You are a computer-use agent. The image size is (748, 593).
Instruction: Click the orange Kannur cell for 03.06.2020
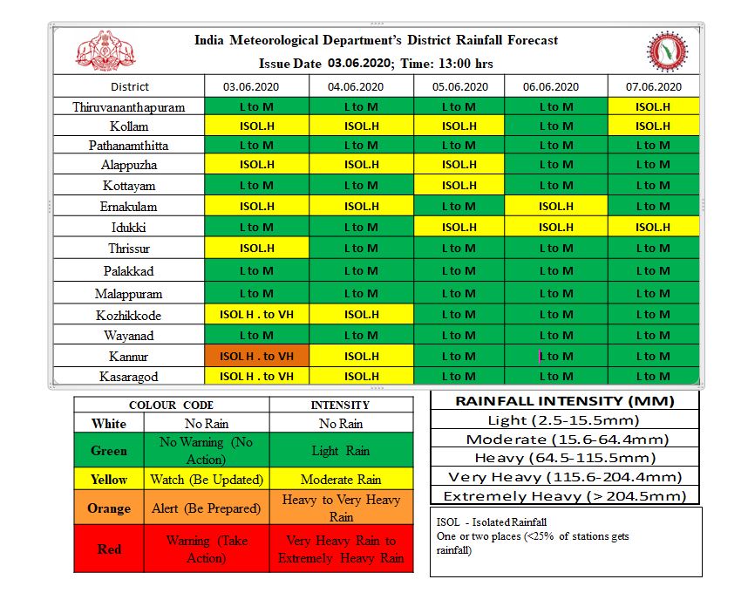tap(257, 356)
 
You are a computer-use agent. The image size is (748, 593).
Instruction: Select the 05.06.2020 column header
tap(460, 86)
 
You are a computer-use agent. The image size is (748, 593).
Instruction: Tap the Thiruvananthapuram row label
tap(129, 107)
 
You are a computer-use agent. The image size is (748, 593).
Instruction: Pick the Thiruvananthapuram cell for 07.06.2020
tap(652, 107)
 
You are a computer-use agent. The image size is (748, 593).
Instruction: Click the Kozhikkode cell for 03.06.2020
tap(257, 315)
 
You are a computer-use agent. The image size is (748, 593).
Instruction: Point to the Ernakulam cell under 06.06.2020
tap(555, 207)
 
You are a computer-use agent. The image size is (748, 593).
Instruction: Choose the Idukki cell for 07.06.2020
tap(652, 227)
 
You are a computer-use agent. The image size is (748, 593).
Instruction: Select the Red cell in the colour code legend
tap(109, 549)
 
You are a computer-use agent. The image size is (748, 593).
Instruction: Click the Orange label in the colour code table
tap(109, 508)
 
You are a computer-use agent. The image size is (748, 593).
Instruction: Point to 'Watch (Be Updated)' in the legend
tap(206, 480)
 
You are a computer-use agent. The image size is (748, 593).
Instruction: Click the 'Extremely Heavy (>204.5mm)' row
tap(565, 496)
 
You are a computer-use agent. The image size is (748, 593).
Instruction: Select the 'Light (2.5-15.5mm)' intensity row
tap(565, 420)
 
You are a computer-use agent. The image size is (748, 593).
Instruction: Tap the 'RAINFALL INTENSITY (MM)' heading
tap(565, 401)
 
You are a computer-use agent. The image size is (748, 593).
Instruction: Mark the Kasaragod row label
tap(129, 377)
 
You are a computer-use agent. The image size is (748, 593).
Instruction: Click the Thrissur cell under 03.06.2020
tap(257, 249)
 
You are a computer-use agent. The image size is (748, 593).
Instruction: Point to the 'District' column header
tap(129, 86)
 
